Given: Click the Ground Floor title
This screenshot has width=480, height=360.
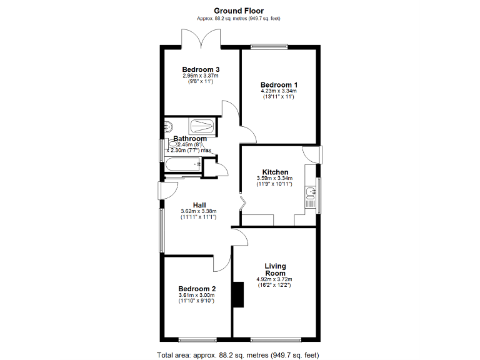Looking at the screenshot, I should click(239, 11).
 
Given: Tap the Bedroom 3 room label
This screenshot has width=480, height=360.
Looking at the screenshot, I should click(201, 69).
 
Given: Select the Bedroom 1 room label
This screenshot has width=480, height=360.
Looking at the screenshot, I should click(279, 85).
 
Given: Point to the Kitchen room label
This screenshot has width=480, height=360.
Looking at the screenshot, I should click(275, 172).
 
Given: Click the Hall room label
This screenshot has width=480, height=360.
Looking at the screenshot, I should click(199, 205).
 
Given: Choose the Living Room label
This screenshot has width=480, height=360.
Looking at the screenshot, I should click(275, 269).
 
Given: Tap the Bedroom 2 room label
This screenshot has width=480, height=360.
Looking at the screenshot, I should click(196, 289).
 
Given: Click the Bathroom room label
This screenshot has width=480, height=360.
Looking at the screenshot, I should click(190, 139).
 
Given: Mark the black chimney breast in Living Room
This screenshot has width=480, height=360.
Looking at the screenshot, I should click(238, 295).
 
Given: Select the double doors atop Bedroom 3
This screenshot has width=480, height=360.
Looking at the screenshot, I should click(201, 39).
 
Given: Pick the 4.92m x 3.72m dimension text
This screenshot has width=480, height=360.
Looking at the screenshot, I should click(274, 279).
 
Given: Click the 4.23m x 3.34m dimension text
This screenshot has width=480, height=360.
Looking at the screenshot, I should click(279, 91).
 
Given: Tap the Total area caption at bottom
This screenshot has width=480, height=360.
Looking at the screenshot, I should click(239, 355).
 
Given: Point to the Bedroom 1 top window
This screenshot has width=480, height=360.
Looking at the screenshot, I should click(269, 46).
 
